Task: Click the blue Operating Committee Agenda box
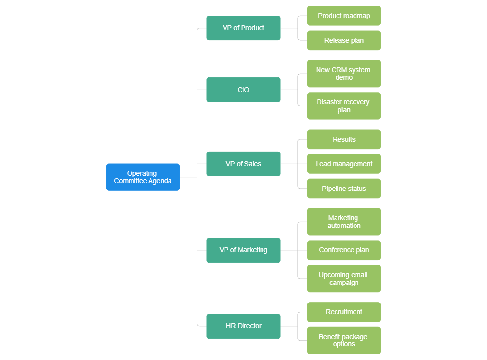[x=143, y=177]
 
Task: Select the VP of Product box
[x=243, y=28]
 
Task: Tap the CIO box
[x=243, y=90]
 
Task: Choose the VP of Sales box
[x=243, y=164]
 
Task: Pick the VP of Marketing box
[x=243, y=250]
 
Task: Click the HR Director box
[x=243, y=326]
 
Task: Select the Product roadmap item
[x=344, y=16]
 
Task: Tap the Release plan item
[x=344, y=40]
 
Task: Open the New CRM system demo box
[x=344, y=74]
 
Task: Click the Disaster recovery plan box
[x=344, y=106]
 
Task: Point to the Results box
[x=344, y=139]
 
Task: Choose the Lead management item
[x=344, y=164]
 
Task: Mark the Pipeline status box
[x=344, y=189]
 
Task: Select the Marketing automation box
[x=344, y=222]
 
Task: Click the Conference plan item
[x=344, y=250]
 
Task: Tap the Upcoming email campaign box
[x=344, y=279]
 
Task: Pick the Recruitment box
[x=344, y=312]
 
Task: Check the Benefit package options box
[x=344, y=341]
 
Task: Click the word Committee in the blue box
[x=130, y=181]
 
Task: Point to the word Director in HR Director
[x=249, y=326]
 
